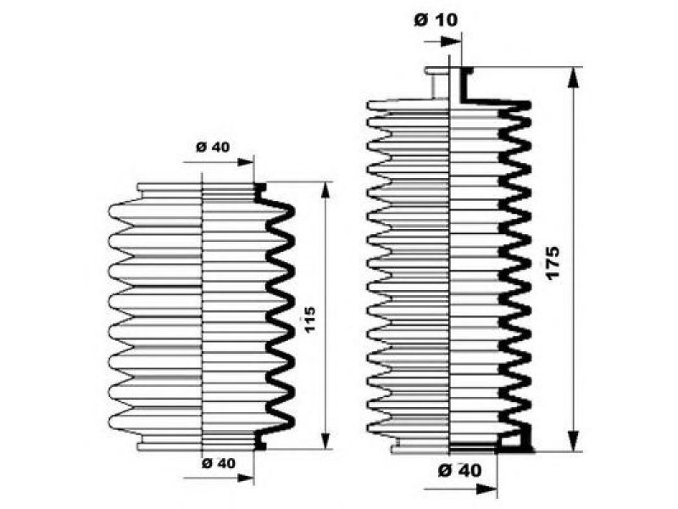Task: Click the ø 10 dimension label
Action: [436, 20]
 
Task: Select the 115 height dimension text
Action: [309, 319]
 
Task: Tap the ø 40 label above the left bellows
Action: [213, 147]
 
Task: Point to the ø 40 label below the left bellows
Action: [219, 463]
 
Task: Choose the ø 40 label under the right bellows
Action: [459, 470]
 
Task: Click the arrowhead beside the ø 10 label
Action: [451, 42]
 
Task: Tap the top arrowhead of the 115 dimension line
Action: [325, 191]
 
